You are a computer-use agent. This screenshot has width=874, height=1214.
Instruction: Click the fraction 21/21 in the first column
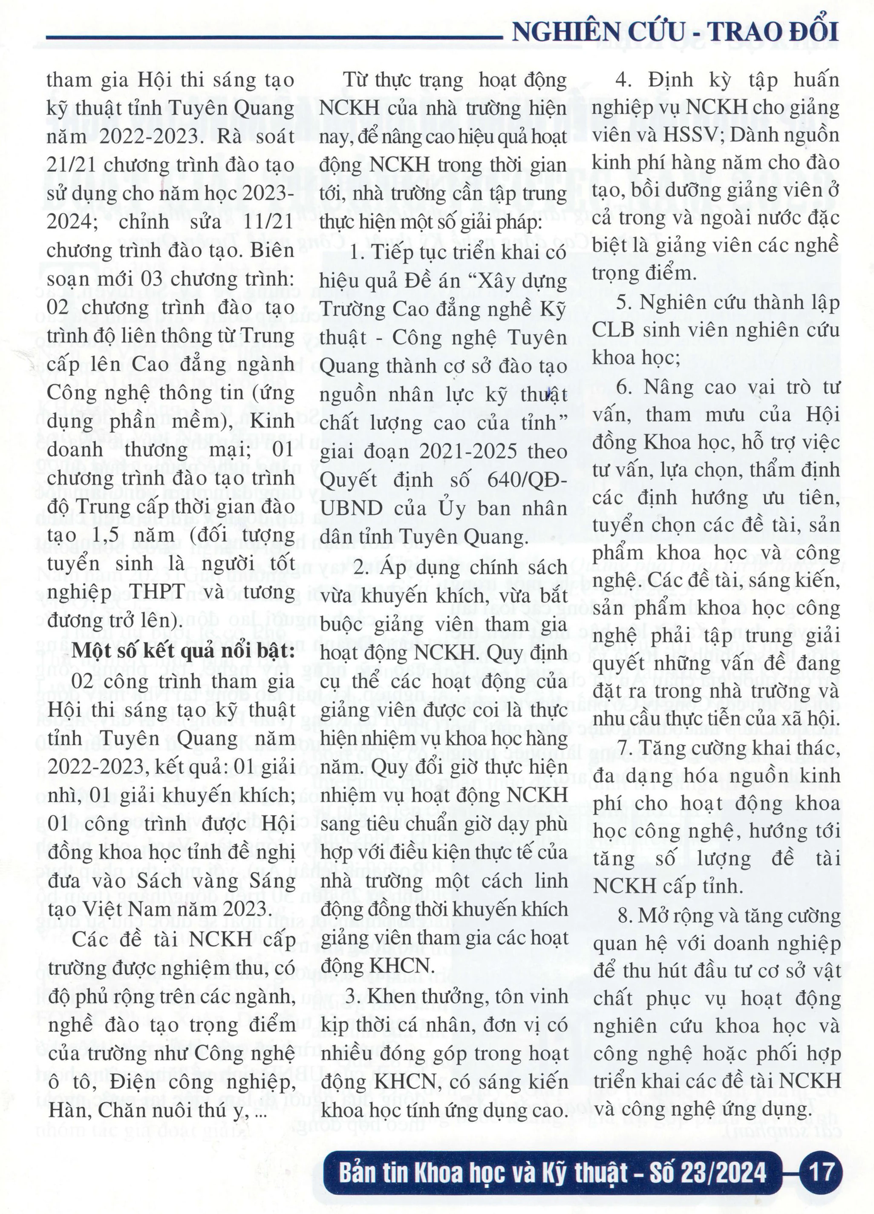(71, 165)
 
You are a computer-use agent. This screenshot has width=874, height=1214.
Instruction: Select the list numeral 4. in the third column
(622, 80)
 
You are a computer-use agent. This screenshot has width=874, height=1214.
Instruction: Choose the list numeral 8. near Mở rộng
(624, 916)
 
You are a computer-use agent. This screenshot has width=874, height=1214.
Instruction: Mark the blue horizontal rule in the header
(273, 37)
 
